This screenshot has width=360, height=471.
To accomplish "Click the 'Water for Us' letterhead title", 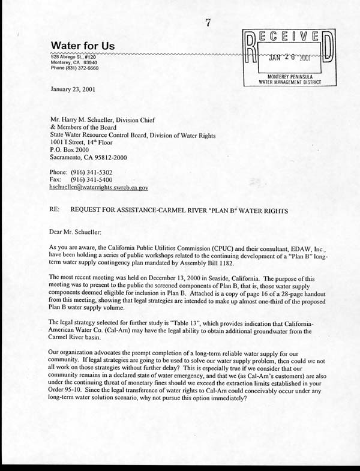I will [83, 46].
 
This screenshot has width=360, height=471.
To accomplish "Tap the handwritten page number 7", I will [208, 23].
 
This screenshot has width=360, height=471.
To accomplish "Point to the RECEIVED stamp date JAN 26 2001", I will [285, 59].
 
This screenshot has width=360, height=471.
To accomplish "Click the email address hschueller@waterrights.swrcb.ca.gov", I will [99, 188].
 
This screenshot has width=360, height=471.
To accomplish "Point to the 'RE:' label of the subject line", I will [55, 211].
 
